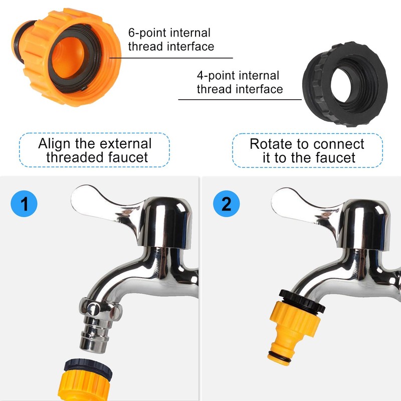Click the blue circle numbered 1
24,204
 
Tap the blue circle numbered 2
227,204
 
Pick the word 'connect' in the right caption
338,144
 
